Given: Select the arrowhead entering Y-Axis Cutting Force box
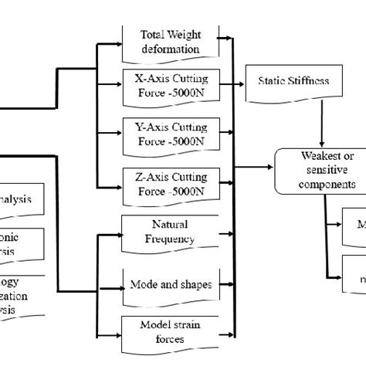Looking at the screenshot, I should [118, 136].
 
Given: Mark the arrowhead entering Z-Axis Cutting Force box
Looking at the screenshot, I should [118, 186].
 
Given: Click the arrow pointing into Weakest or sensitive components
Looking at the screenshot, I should [270, 165].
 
